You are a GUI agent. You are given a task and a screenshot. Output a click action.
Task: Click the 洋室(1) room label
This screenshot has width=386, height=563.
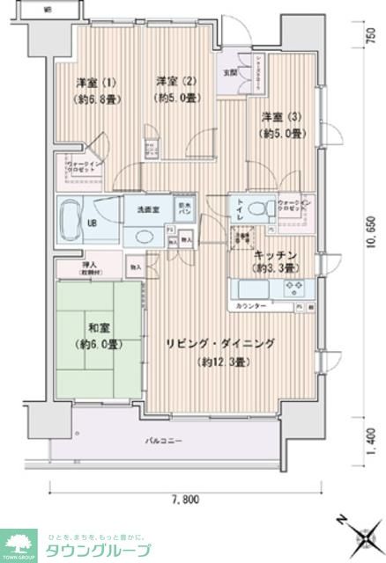85,82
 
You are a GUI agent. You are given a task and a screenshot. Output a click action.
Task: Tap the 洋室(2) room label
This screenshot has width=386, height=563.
174,82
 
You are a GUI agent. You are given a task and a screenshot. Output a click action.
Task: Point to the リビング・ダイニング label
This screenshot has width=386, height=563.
219,343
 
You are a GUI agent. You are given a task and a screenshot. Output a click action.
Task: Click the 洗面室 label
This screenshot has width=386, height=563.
147,211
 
